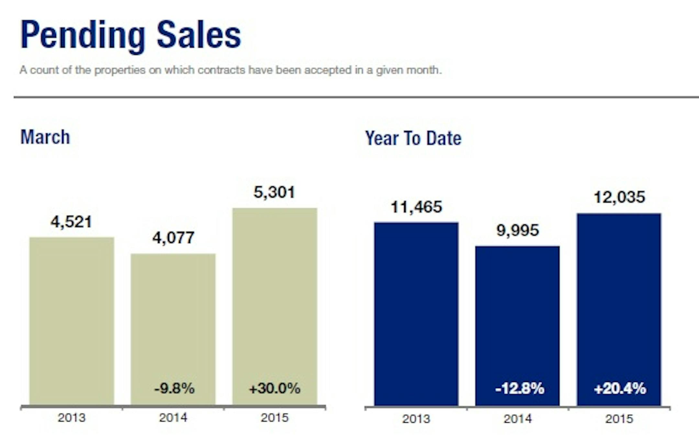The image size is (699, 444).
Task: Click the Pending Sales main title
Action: pos(131,35)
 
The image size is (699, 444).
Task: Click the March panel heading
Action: pos(45,137)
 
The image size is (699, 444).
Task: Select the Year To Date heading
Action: pos(413,138)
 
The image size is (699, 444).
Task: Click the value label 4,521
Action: pos(72,222)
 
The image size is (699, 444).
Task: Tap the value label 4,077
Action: pos(173,238)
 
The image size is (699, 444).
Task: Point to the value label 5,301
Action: pos(274,192)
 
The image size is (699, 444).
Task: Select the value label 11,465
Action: pos(416,207)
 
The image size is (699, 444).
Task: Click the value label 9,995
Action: pos(518,231)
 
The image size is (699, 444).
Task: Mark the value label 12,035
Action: pos(619,197)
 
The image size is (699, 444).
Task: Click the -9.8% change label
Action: pos(174,388)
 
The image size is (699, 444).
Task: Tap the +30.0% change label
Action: pos(274,388)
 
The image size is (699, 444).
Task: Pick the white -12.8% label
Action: pos(520,388)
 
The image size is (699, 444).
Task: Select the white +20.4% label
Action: pos(620,388)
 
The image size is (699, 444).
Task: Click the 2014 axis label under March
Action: pos(173,418)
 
